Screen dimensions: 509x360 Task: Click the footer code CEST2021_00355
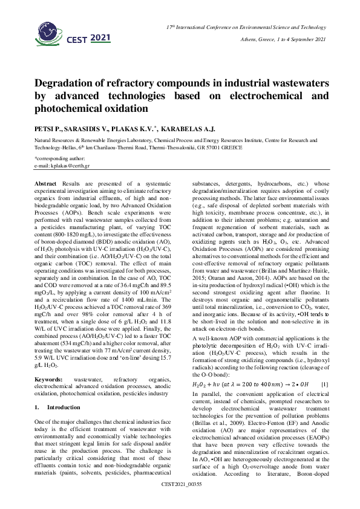coord(180,501)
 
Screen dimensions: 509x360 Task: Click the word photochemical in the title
coord(74,109)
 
